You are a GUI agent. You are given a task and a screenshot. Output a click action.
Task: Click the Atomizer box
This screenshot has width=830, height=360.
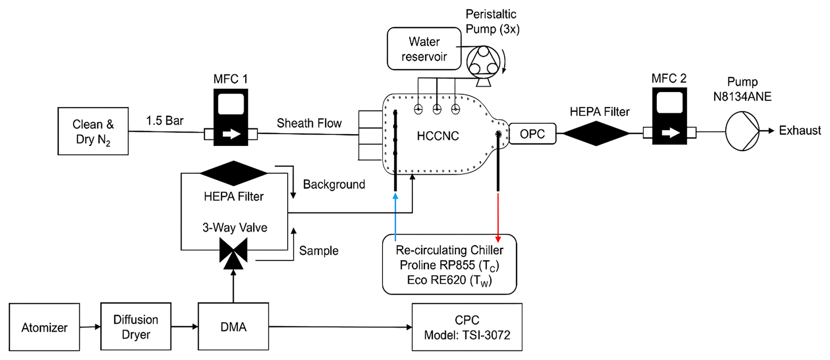(x=44, y=327)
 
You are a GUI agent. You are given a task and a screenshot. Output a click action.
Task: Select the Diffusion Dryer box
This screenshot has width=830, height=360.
(x=136, y=327)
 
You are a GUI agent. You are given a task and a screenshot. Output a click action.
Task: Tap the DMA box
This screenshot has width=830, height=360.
(x=233, y=327)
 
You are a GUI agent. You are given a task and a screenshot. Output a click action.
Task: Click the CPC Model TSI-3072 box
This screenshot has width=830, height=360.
(x=467, y=327)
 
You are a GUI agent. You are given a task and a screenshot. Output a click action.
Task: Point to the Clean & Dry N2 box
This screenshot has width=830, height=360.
(x=93, y=131)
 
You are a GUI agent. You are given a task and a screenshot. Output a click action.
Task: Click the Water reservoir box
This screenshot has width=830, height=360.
(x=424, y=49)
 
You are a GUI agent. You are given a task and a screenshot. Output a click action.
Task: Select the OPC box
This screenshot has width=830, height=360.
(x=532, y=134)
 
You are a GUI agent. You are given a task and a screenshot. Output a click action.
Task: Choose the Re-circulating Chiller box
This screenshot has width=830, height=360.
(x=449, y=264)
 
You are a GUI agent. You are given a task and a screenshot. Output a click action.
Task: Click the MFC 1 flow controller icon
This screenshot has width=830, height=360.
(x=231, y=118)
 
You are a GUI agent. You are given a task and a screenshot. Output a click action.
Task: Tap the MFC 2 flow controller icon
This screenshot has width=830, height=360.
(x=669, y=116)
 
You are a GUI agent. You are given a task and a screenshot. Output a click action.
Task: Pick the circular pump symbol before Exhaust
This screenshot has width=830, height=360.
(x=742, y=131)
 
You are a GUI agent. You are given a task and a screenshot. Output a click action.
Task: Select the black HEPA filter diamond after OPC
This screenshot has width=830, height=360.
(x=596, y=133)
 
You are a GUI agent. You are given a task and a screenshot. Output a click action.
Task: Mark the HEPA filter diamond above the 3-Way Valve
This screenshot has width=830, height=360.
(x=233, y=173)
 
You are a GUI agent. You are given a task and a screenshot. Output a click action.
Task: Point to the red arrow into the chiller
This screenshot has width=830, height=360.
(x=498, y=217)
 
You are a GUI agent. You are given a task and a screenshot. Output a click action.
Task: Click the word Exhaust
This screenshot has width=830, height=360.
(x=799, y=131)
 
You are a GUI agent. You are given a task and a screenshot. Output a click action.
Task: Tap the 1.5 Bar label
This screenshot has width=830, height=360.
(x=165, y=121)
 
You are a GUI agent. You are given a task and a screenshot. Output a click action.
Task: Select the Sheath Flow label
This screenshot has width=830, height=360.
(x=309, y=123)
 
